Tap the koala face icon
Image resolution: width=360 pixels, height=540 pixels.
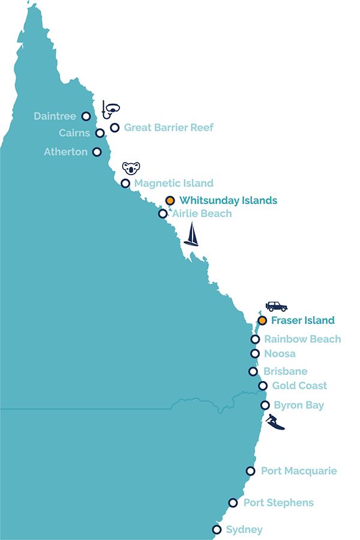[x=130, y=167]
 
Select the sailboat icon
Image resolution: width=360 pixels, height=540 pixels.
[x=191, y=235]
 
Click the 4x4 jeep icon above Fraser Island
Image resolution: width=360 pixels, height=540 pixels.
[x=276, y=306]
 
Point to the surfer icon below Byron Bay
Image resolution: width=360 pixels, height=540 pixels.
[x=275, y=422]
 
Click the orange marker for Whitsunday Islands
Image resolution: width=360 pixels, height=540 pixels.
[x=170, y=200]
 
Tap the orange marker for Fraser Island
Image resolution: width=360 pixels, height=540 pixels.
[x=262, y=320]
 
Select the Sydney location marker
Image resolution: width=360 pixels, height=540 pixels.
[x=217, y=529]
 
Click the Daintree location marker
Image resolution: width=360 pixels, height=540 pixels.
[x=86, y=116]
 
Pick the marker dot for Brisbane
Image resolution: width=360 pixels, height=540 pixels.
[x=253, y=371]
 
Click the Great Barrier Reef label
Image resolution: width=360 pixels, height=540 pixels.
[x=169, y=127]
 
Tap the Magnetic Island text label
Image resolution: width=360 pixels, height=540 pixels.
[x=173, y=183]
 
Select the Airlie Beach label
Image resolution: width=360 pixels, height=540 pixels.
[x=202, y=213]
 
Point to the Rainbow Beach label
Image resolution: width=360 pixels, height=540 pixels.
[x=302, y=339]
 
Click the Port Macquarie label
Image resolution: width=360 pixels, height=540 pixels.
[x=299, y=471]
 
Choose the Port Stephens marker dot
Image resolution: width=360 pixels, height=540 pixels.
[x=233, y=503]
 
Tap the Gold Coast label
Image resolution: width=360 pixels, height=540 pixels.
[x=299, y=386]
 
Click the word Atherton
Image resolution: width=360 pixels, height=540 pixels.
[x=65, y=152]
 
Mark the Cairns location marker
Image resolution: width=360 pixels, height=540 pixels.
[x=100, y=133]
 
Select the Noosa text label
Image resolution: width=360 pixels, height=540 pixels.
[x=280, y=353]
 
